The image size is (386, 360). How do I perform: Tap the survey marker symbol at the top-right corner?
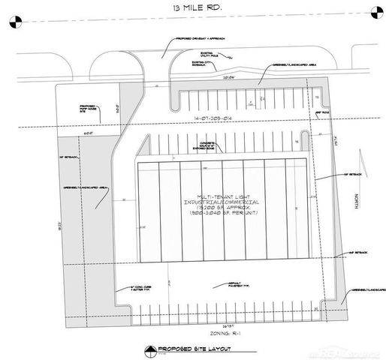pos(375,10)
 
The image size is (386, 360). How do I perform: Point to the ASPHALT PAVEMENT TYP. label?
pos(215,283)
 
